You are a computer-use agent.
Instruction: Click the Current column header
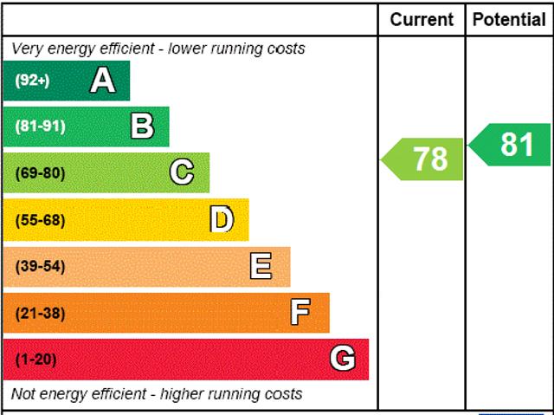422,19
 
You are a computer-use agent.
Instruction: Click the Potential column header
509,19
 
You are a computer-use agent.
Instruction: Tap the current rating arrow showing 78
424,159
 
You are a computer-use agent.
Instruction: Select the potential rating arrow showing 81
512,145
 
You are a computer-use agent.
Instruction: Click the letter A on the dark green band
102,81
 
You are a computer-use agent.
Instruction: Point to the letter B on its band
142,126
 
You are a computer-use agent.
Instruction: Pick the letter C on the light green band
182,172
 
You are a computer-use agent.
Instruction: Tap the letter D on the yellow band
222,219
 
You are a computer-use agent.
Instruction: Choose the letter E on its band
261,266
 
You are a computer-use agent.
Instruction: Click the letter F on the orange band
300,312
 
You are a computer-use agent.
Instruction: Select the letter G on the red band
343,359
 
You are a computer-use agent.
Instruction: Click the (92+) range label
33,81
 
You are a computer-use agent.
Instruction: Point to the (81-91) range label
40,126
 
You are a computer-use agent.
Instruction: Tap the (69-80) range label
40,173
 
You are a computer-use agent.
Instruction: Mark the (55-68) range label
40,220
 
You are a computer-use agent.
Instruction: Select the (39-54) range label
40,266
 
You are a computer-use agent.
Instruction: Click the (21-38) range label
40,313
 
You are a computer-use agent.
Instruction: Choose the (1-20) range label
35,359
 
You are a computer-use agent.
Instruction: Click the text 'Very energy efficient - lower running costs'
158,49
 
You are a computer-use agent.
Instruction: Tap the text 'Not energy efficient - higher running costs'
157,394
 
